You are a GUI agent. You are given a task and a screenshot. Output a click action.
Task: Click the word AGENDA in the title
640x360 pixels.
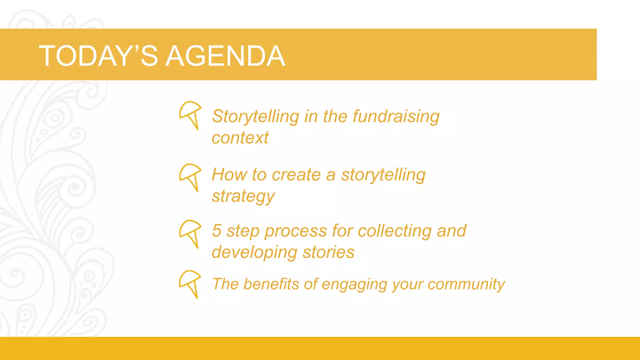(225, 56)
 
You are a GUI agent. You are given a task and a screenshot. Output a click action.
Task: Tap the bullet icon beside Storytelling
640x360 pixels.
(190, 115)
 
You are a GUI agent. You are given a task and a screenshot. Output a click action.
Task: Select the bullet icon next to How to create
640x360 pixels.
(190, 177)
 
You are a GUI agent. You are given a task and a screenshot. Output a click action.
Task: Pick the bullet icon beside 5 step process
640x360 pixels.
(190, 233)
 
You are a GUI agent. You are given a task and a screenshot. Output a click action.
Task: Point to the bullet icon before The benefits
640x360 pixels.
(190, 284)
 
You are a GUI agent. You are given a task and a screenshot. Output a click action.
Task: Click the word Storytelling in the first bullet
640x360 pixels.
(255, 117)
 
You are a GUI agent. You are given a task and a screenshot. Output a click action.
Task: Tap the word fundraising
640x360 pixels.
(396, 116)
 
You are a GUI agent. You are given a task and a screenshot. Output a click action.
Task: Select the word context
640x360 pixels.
(240, 138)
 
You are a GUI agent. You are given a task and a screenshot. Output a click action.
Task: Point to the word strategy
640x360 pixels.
(243, 197)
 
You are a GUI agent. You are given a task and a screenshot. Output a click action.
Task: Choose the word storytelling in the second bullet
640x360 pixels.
(383, 175)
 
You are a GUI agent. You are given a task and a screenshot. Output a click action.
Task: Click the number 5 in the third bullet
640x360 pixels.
(217, 231)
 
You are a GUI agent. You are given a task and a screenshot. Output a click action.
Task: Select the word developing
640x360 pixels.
(254, 253)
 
